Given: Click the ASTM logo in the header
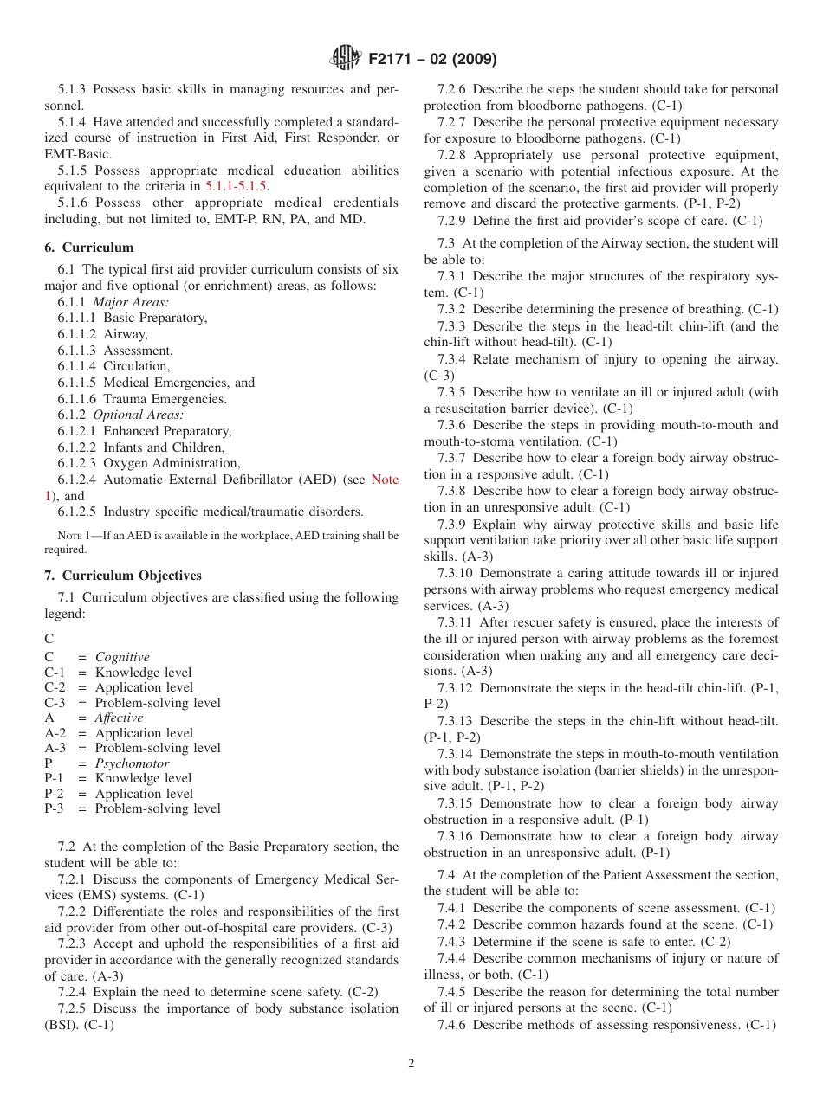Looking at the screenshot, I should coord(346,59).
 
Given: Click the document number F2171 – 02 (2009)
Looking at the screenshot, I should coord(432,60).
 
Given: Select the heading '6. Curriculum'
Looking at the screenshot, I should coord(89,248).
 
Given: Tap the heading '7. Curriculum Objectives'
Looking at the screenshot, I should coord(123,576).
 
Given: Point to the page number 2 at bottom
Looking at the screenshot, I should coord(411,1064).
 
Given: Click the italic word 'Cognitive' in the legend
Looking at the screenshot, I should coord(122,657).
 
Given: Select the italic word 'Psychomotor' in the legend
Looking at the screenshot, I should coord(132,763).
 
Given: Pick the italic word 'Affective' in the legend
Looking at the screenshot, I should coord(119,718).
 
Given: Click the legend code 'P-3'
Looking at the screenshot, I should coord(55,808).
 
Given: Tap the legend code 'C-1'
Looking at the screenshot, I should coord(55,673).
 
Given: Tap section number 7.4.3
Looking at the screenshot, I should coord(455,941).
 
